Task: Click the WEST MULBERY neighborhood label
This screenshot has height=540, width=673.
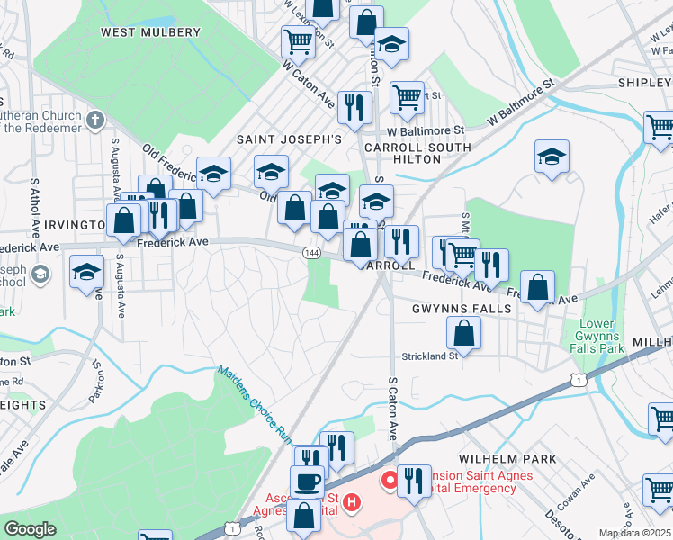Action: click(x=150, y=32)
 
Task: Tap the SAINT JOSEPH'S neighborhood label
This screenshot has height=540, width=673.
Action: click(x=289, y=139)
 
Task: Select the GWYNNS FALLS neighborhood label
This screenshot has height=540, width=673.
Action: click(x=462, y=309)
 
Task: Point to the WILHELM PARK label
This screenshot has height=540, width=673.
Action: click(x=507, y=459)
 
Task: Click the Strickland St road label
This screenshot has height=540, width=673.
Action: click(x=429, y=355)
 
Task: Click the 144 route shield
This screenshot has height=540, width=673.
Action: click(x=310, y=254)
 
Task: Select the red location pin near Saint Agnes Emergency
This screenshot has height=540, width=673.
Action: click(x=390, y=481)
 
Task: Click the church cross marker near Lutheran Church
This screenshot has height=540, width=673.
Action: click(x=97, y=119)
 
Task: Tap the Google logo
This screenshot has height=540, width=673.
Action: click(x=30, y=529)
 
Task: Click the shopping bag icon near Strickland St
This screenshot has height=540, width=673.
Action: click(x=463, y=333)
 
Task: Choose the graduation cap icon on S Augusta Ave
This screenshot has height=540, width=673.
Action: click(x=87, y=272)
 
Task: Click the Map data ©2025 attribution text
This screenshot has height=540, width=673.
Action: click(x=635, y=533)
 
